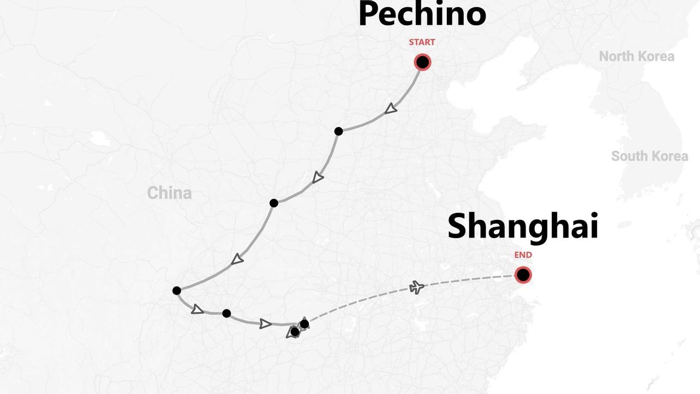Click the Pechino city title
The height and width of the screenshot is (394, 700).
[422, 15]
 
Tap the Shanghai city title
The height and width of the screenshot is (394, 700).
[523, 227]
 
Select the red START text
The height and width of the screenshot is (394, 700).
[422, 42]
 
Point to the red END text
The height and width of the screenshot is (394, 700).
[523, 255]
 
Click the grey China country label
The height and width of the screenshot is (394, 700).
[170, 193]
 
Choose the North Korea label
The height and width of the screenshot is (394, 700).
[637, 56]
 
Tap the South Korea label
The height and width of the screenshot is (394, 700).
[649, 157]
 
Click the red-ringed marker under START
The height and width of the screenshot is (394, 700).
[422, 62]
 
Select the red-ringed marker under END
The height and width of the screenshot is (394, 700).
[523, 275]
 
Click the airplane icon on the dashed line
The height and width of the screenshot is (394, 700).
[417, 287]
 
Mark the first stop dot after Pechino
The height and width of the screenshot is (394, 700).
[339, 131]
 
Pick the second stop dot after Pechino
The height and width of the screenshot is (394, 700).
[274, 203]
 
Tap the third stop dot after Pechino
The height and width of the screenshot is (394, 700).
[177, 291]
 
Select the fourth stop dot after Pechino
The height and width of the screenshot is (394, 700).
[226, 314]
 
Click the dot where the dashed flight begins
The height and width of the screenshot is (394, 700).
[305, 324]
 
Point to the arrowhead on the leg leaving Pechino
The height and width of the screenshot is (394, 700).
[390, 109]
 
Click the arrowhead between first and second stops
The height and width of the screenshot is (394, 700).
[318, 178]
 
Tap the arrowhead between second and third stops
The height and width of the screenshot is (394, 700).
[237, 259]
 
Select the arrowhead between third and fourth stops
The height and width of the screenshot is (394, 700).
[197, 310]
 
